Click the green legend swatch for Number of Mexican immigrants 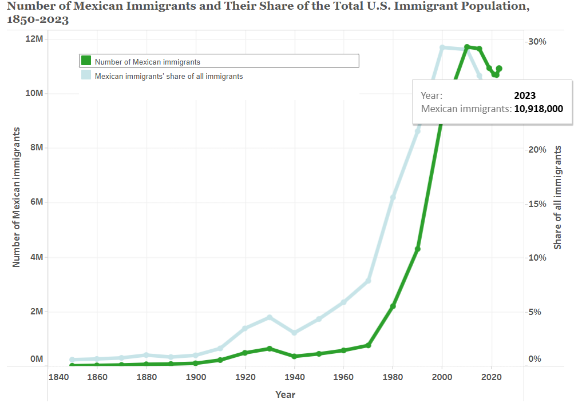point(86,61)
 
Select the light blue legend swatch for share point(86,75)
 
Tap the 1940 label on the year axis point(295,377)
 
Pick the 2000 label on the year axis point(442,377)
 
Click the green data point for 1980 point(393,306)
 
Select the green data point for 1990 point(418,249)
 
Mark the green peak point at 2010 point(467,47)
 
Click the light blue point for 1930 point(270,317)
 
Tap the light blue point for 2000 point(442,47)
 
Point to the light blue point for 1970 point(369,280)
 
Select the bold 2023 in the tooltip point(525,96)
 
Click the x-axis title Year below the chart point(285,394)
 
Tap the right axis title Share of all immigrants point(558,197)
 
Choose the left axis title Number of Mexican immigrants point(17,197)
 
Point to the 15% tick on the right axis point(537,204)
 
